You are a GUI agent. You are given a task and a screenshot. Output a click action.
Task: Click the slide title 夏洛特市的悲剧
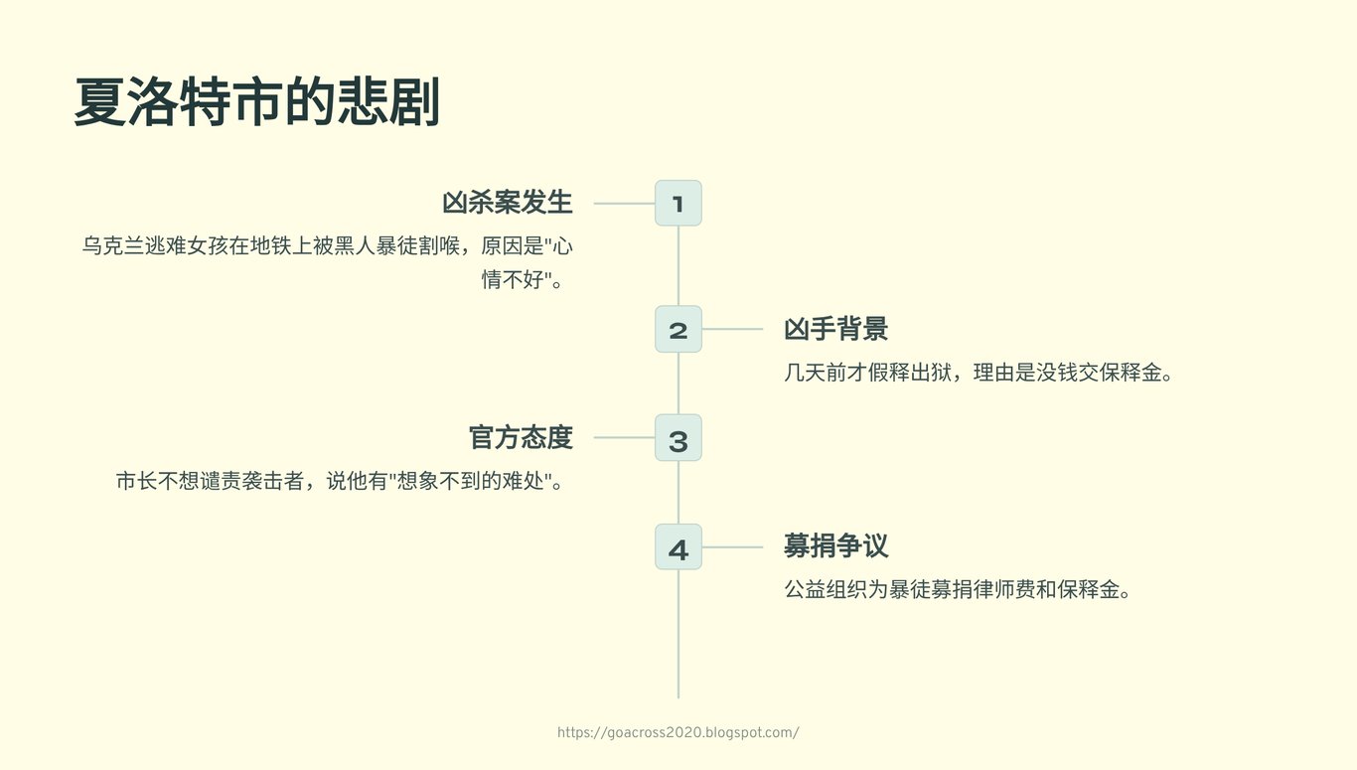coord(257,101)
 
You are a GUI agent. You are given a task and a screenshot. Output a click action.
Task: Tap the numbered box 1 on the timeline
coord(678,203)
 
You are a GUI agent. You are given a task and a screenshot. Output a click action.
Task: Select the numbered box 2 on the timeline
coord(678,329)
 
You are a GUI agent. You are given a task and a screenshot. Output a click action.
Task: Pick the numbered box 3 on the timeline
coord(678,437)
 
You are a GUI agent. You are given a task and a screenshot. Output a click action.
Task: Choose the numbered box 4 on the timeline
coord(678,546)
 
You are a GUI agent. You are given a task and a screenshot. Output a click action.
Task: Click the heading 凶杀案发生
coord(508,203)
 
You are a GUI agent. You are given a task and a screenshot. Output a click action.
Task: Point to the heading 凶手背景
coord(836,329)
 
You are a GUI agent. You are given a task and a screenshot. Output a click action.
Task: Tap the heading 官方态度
coord(521,437)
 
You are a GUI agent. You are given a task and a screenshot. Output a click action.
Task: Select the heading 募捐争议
coord(836,545)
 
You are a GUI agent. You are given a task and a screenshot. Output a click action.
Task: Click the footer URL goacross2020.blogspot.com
coord(678,732)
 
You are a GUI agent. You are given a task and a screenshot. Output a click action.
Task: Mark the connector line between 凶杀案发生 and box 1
coord(624,204)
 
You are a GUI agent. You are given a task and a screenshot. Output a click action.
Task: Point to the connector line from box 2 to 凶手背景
coord(732,329)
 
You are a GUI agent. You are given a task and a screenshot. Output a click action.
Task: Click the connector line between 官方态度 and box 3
coord(624,437)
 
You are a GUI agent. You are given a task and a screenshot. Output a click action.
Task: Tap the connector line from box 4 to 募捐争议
coord(732,547)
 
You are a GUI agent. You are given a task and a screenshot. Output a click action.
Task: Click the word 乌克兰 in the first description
coord(113,246)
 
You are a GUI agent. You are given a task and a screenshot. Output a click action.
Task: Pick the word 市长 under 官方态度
coord(137,481)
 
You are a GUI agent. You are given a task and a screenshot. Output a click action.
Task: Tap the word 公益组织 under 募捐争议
coord(826,589)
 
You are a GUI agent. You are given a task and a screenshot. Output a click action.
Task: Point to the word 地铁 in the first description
coord(271,246)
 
